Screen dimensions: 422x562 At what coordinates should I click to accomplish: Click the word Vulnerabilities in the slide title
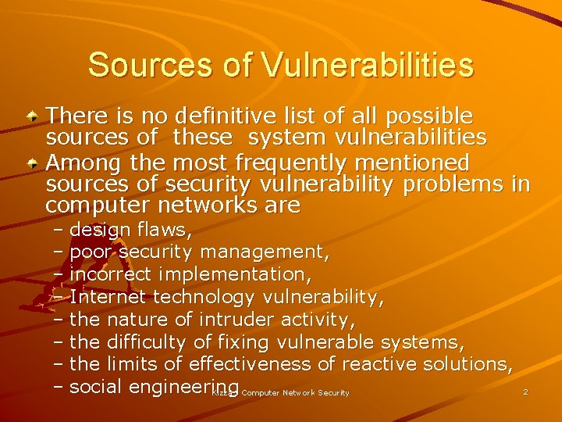tap(368, 65)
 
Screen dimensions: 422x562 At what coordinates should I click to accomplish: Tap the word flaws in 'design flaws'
tap(164, 230)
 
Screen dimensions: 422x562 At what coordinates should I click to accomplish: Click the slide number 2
tap(525, 392)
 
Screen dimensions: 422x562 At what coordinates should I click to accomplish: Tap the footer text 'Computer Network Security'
tap(295, 392)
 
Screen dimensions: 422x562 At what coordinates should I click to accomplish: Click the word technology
tap(204, 297)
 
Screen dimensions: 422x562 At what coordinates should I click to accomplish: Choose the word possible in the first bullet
tap(430, 116)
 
